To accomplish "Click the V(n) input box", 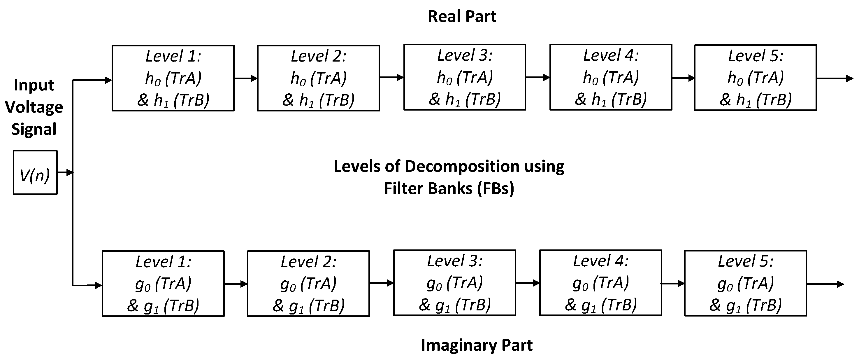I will point(35,172).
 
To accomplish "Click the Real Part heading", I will point(462,16).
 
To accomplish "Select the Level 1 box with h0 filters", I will point(173,78).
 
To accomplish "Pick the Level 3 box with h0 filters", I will point(465,77).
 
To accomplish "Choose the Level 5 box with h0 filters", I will point(755,77).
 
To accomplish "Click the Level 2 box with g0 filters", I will point(308,283).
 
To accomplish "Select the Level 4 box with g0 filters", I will point(600,283).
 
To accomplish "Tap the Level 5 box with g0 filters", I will point(745,283).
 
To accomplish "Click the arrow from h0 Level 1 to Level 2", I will point(246,78).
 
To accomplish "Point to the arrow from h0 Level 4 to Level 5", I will point(683,78).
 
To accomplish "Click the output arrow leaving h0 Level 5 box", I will point(835,78).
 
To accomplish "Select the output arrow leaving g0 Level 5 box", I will point(825,284).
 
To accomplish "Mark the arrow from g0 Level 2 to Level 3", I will point(382,283).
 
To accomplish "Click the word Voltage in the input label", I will point(34,107).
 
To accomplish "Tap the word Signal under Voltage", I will point(34,129).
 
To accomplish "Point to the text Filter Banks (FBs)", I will point(449,188).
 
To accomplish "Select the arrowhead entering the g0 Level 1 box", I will point(98,285).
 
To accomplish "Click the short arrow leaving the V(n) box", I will point(65,172).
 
